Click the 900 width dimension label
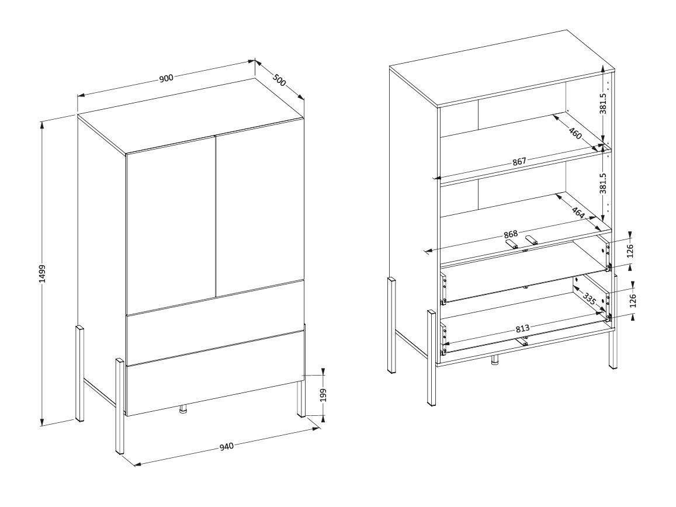[x=167, y=79]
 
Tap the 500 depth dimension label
[x=279, y=79]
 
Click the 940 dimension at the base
[x=226, y=447]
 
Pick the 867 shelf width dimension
[x=519, y=161]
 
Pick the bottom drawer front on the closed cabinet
[x=214, y=374]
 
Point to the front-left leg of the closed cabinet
[x=119, y=407]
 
